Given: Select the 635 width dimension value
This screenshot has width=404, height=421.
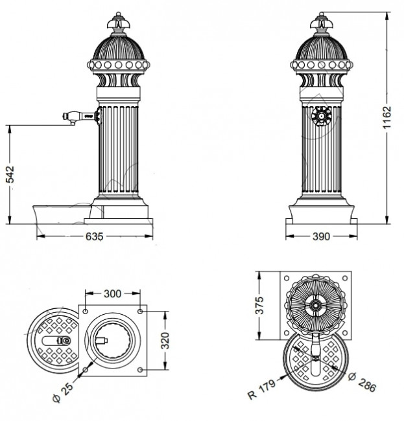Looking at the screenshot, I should point(94,237).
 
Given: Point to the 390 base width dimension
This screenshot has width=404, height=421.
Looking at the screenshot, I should point(322,237).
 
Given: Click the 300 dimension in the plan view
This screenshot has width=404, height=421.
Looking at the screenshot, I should point(113,293).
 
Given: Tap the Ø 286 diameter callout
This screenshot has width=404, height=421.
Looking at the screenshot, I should point(361,382).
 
